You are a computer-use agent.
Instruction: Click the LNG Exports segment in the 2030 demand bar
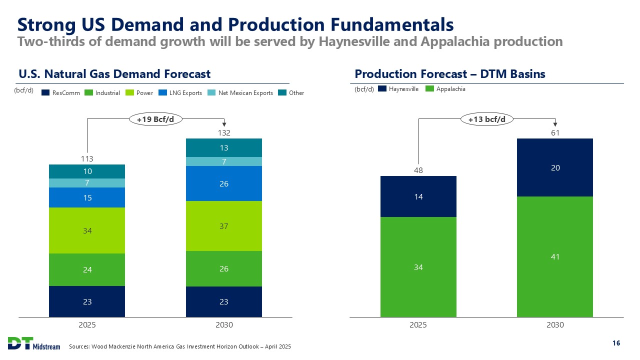click(x=224, y=183)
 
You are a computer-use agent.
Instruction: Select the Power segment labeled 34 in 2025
click(x=87, y=230)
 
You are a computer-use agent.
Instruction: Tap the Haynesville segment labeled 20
click(x=555, y=167)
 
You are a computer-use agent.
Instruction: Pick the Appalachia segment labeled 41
click(x=555, y=256)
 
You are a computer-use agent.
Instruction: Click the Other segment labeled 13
click(x=224, y=147)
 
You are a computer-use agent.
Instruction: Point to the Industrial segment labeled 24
click(x=87, y=269)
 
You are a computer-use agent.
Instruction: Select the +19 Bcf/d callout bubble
click(x=156, y=119)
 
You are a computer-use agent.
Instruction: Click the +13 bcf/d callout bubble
click(x=486, y=119)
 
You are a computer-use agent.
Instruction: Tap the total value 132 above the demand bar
click(x=224, y=132)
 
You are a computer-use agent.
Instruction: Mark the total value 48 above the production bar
click(x=418, y=170)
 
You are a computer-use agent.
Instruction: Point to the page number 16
click(x=616, y=343)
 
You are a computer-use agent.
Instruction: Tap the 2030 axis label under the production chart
click(x=555, y=324)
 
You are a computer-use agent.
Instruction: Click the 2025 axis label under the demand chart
click(x=87, y=324)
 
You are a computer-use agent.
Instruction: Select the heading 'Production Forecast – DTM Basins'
click(x=449, y=74)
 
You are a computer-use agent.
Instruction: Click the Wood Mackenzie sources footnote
click(x=180, y=346)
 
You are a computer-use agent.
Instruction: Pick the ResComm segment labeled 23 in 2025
click(x=87, y=301)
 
